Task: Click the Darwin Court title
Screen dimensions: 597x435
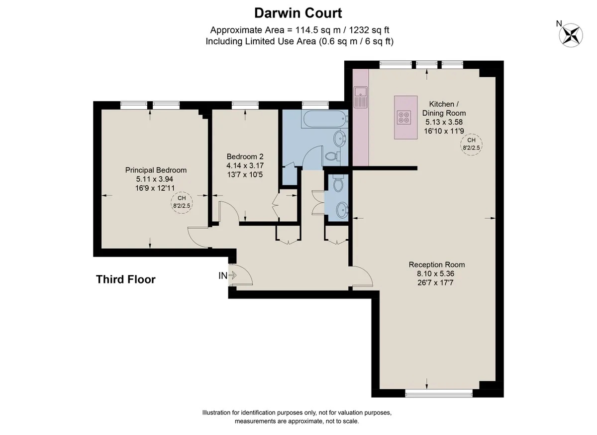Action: coord(298,13)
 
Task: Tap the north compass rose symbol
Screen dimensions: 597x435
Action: coord(571,35)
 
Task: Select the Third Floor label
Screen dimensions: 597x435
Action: coord(125,279)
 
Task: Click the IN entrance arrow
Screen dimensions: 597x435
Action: coord(232,275)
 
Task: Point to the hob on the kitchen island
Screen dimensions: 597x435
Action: coord(403,118)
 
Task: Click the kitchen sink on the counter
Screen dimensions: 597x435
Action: coord(361,97)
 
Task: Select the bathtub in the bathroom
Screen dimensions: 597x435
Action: coord(325,119)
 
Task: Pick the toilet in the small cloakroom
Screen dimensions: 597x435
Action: coord(338,183)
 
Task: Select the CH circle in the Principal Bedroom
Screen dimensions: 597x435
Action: coord(182,203)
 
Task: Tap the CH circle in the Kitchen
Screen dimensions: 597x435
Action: coord(471,145)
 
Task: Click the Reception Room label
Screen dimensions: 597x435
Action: coord(437,265)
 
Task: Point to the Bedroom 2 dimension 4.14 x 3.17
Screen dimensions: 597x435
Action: coord(245,166)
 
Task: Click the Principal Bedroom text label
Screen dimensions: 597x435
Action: coord(156,170)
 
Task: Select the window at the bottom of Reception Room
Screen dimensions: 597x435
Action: coord(439,393)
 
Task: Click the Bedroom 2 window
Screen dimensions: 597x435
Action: coord(245,105)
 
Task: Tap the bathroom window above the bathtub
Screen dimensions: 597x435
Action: coord(315,105)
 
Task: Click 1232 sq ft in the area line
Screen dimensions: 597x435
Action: coord(369,30)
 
